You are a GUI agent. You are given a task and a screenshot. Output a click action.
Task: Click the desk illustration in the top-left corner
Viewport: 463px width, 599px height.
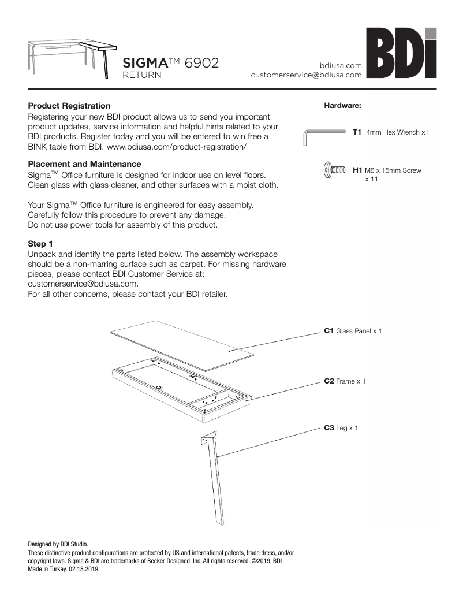click(x=70, y=54)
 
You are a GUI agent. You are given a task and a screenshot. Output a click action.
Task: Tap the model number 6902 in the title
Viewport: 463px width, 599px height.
click(x=201, y=63)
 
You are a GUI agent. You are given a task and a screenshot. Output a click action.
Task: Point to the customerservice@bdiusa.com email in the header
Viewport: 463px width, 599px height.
click(x=306, y=75)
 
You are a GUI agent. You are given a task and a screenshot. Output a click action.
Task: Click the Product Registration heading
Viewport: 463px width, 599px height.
click(x=69, y=106)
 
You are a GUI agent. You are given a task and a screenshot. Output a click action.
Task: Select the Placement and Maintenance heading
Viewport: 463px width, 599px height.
click(x=84, y=164)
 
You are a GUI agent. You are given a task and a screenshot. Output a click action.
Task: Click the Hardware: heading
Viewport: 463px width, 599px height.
click(x=343, y=106)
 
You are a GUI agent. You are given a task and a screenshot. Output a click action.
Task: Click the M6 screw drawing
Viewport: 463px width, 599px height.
click(x=334, y=170)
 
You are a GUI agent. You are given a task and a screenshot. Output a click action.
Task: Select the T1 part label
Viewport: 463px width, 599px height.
click(x=357, y=132)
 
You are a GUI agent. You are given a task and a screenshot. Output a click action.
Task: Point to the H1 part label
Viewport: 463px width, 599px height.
click(x=357, y=170)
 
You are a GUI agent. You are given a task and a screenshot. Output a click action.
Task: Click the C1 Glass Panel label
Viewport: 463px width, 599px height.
click(x=352, y=331)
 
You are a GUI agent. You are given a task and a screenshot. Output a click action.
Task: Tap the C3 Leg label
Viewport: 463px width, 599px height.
click(x=341, y=428)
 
